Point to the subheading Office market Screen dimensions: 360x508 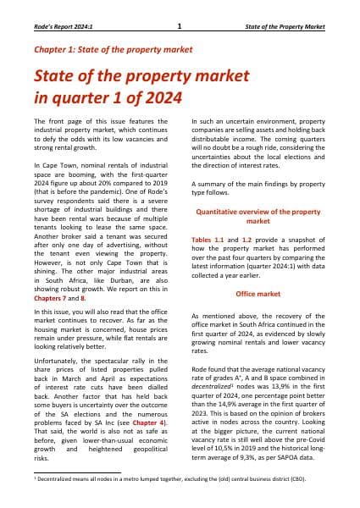click(258, 268)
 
